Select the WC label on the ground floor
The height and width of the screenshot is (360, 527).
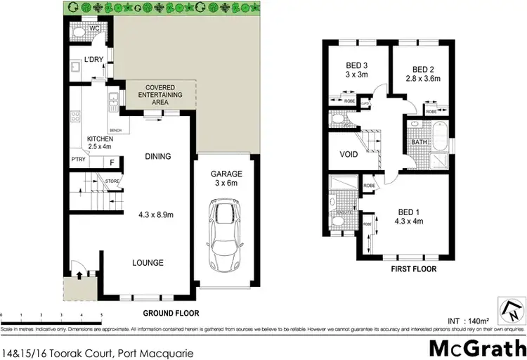coord(85,30)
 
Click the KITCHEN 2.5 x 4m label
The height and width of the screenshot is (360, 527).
coord(100,143)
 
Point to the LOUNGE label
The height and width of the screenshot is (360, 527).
coord(148,263)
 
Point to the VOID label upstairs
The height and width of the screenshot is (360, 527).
coord(349,154)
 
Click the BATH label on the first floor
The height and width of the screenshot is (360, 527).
coord(419,142)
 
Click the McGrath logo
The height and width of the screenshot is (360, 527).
coord(475,347)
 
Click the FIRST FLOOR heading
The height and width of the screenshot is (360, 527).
coord(414,269)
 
